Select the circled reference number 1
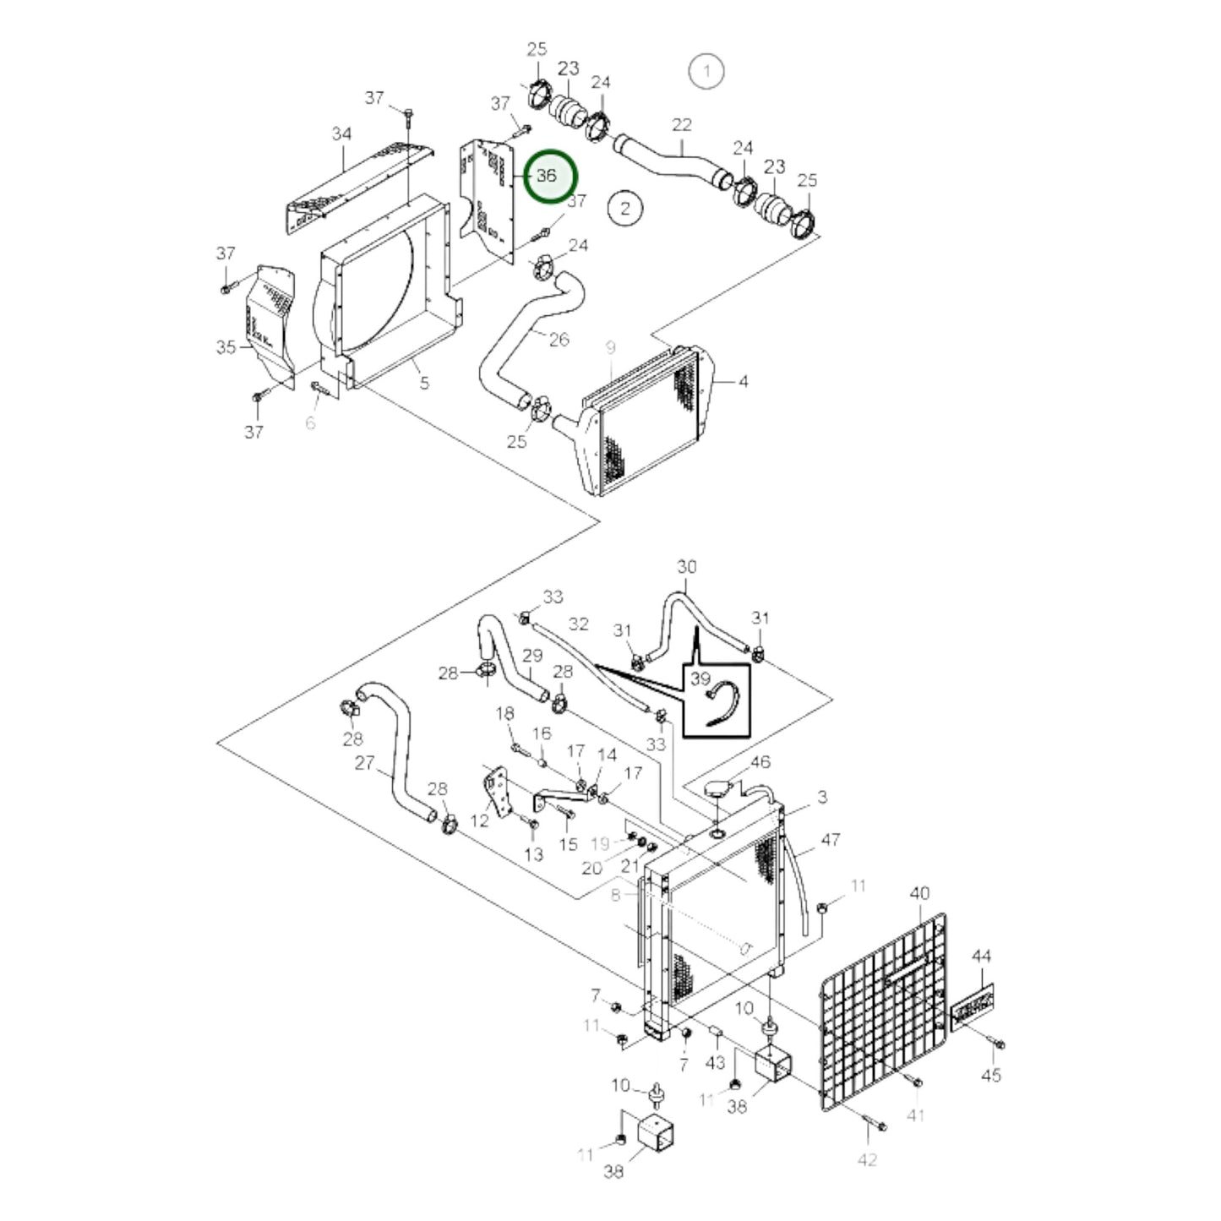click(x=706, y=71)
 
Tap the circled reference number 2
click(x=625, y=208)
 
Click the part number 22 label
click(x=681, y=125)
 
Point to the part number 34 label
click(x=341, y=134)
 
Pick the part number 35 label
click(x=226, y=347)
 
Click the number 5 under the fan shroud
click(x=424, y=383)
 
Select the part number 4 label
click(x=743, y=382)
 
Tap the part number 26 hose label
click(x=559, y=339)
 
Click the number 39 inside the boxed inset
click(x=700, y=679)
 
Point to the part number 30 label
click(x=687, y=566)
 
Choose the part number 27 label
click(x=364, y=763)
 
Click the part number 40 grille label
click(x=919, y=893)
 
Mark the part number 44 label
click(x=981, y=957)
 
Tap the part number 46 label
click(x=760, y=762)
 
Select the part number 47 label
click(x=831, y=839)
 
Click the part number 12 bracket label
click(x=479, y=820)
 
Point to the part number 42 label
click(x=867, y=1159)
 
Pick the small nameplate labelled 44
click(x=972, y=1006)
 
